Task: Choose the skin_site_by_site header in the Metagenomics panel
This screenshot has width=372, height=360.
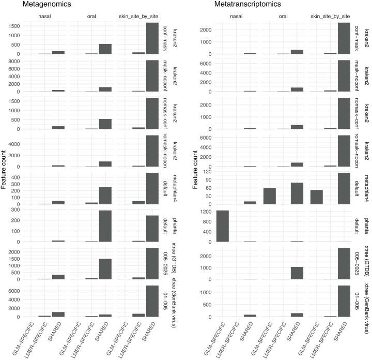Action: tap(139, 16)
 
